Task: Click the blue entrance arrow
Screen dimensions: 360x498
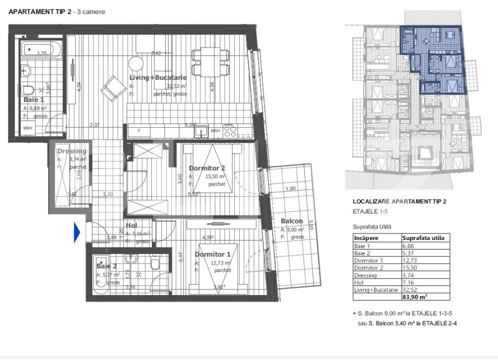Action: click(77, 232)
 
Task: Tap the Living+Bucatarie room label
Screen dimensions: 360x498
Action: click(158, 77)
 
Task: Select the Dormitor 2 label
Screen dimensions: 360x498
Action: click(206, 168)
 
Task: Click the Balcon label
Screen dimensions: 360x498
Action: click(291, 221)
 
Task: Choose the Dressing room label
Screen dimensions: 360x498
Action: click(71, 151)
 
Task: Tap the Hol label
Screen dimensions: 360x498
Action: click(131, 225)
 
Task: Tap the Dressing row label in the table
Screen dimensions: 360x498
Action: click(365, 275)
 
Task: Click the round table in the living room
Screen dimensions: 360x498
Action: click(136, 63)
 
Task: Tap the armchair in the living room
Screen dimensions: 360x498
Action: click(113, 89)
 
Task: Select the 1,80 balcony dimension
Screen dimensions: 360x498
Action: click(290, 188)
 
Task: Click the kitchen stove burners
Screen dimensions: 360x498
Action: click(230, 131)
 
